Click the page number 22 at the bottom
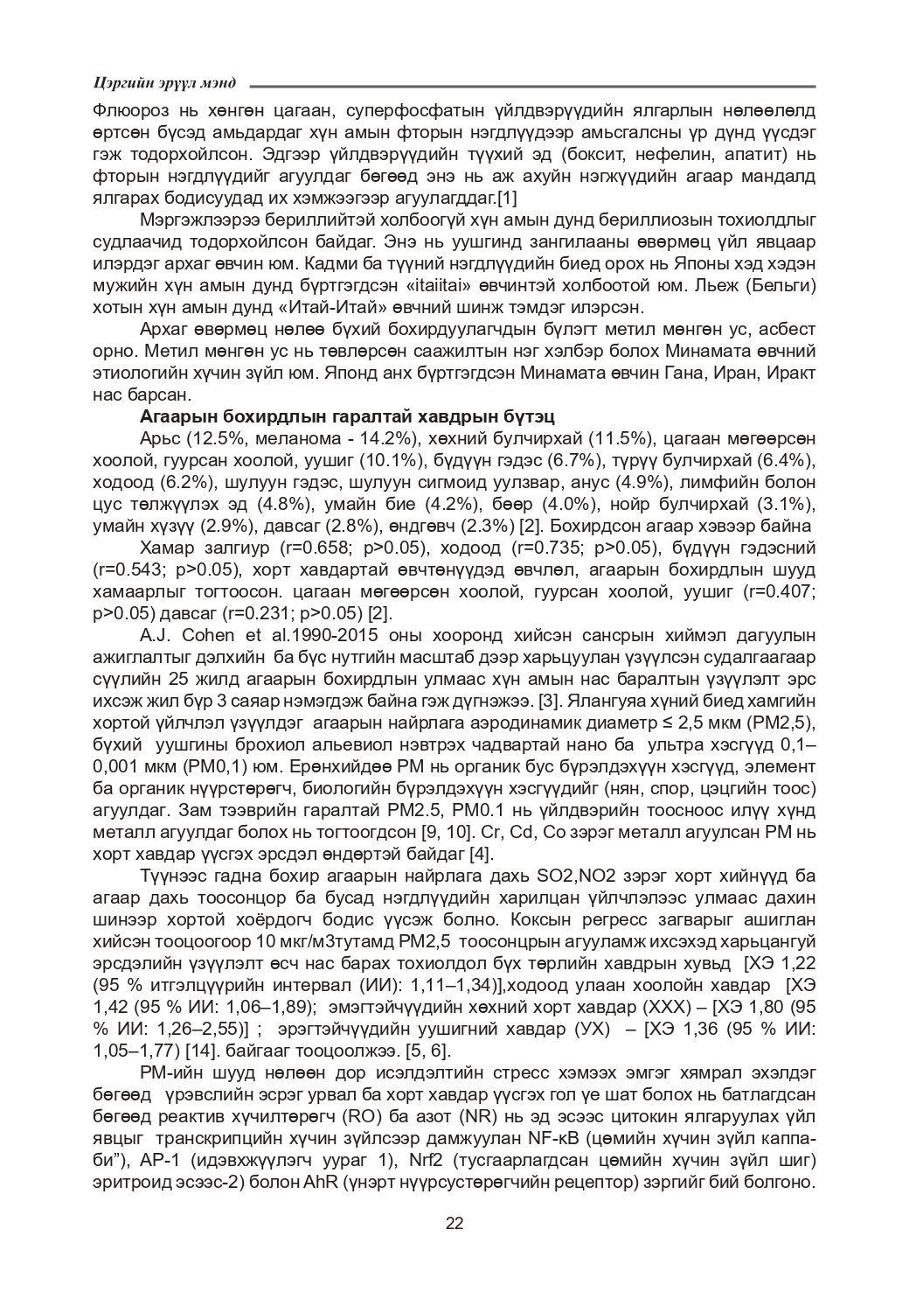454,1223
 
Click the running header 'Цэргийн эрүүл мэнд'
164,84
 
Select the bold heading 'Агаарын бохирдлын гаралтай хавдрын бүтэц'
347,416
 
